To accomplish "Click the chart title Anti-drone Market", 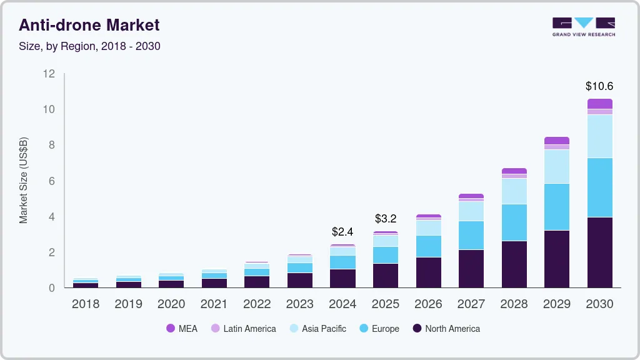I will coord(89,25).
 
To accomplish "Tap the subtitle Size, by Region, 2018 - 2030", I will coord(89,46).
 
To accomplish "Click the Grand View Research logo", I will coord(583,27).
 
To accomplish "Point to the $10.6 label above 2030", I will coord(599,86).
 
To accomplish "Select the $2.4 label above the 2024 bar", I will coord(342,232).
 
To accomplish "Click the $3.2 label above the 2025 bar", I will coord(386,219).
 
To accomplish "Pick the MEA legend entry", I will coord(182,328).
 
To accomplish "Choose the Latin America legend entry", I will coord(243,328).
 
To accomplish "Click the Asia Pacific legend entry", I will coord(317,328).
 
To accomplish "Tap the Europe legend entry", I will coord(379,328).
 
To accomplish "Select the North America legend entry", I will coord(446,328).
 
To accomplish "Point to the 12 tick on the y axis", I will coord(49,74).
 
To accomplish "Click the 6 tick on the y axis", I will coord(52,181).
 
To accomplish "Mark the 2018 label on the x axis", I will coord(86,304).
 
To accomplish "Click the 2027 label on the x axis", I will coord(471,304).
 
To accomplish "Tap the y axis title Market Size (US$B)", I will coord(24,180).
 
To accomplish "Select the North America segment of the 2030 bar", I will coord(599,252).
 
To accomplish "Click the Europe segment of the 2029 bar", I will coord(557,207).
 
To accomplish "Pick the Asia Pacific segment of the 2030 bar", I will coord(599,136).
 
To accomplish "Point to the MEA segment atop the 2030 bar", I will coord(599,104).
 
